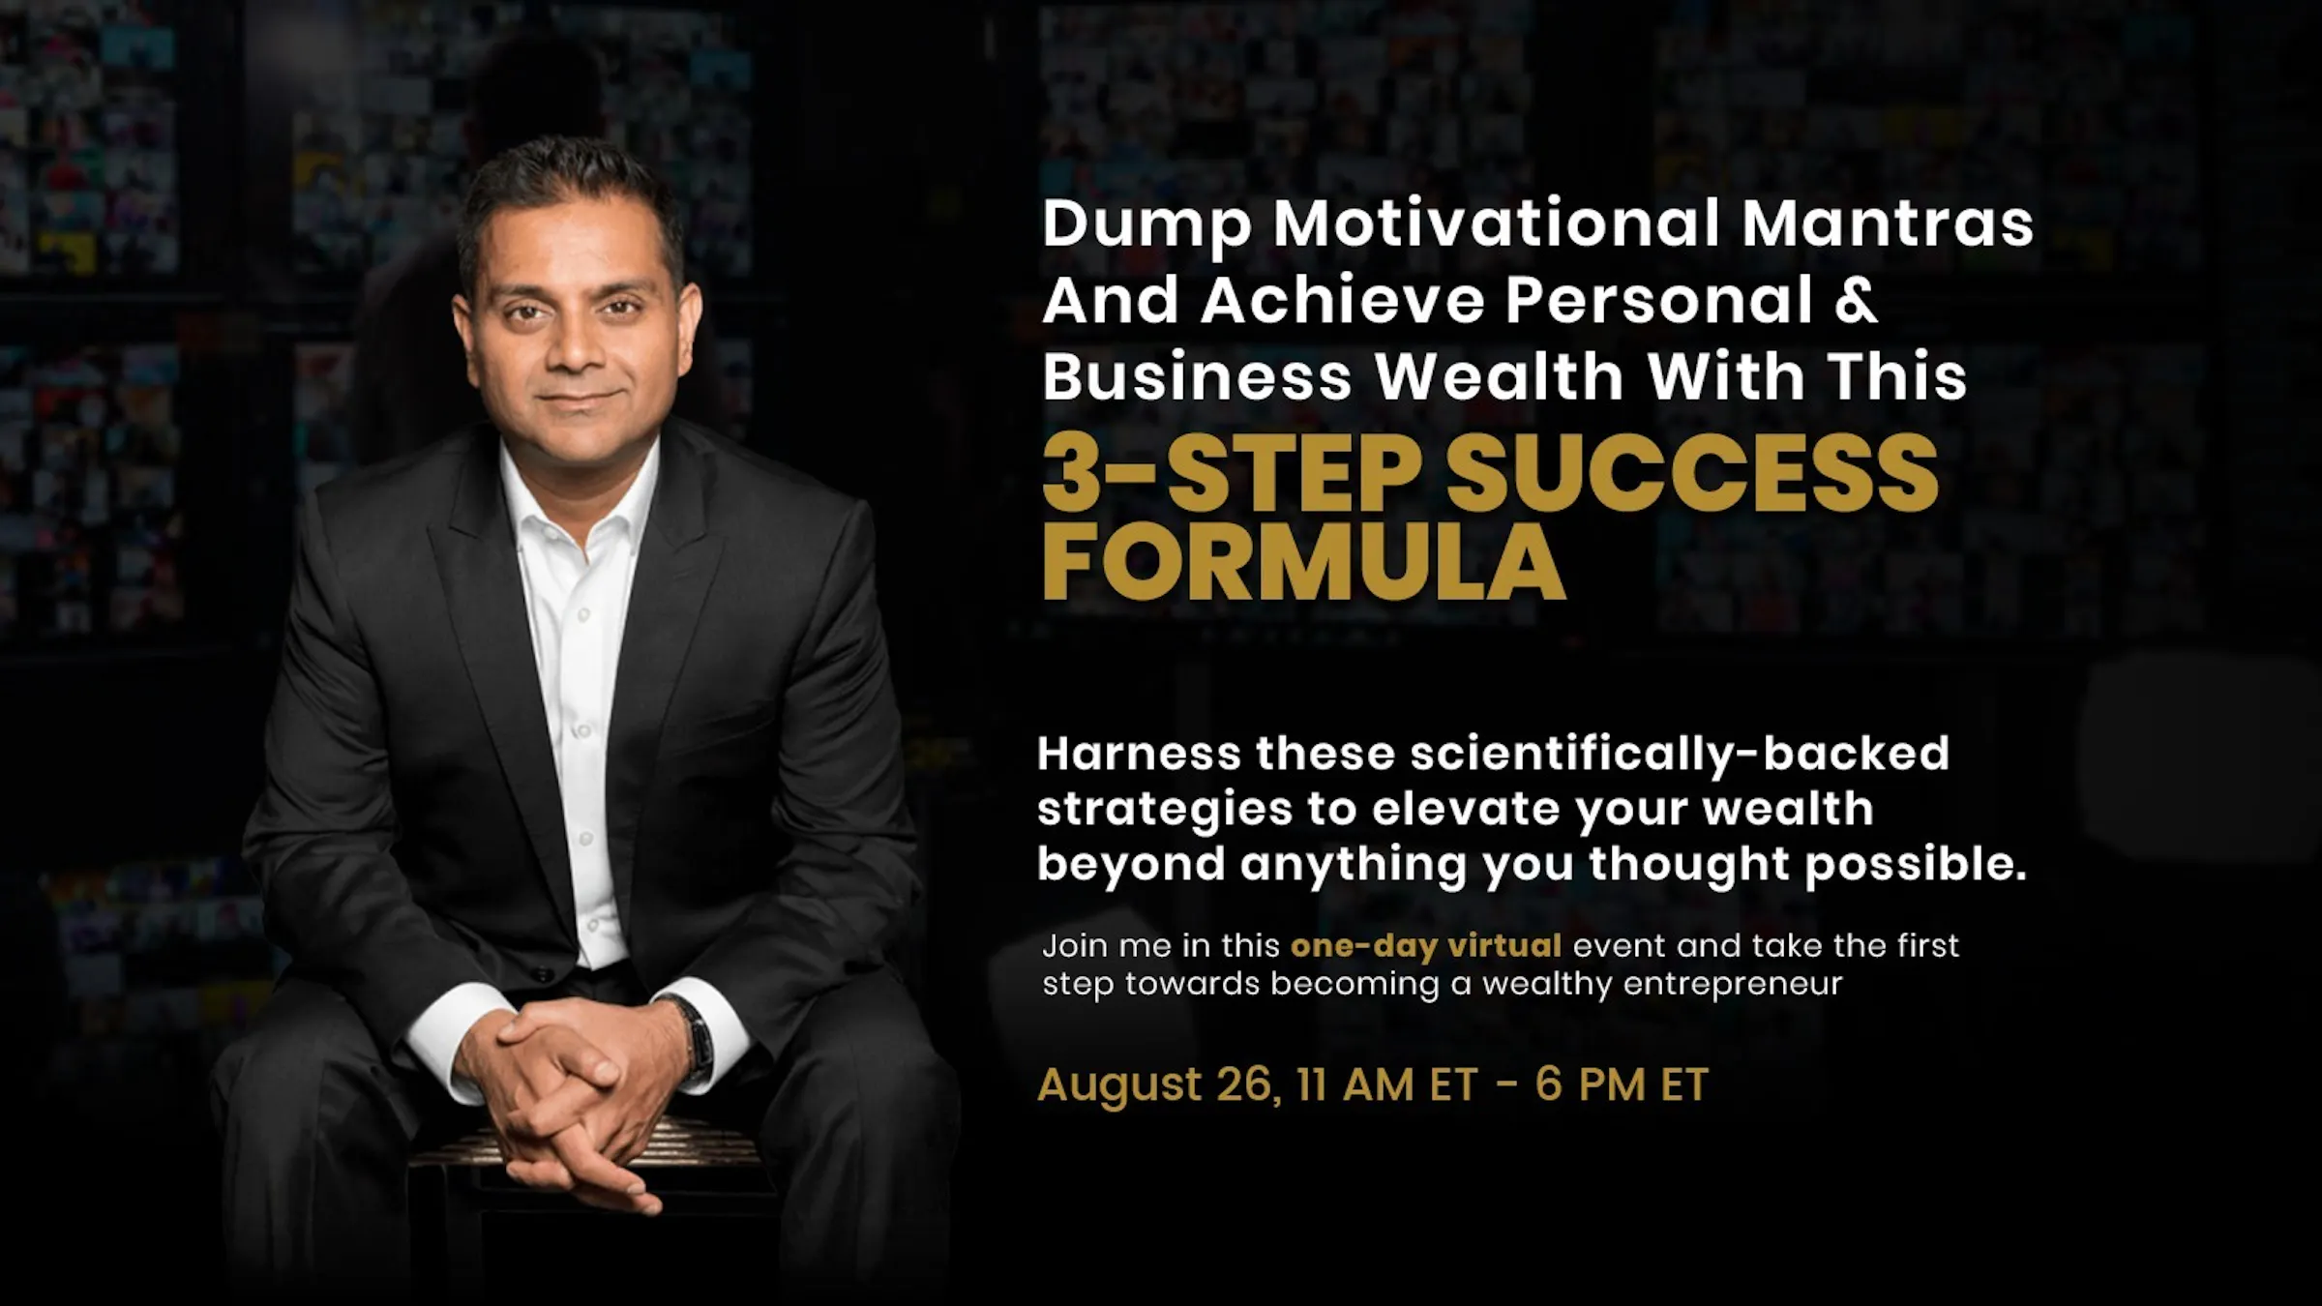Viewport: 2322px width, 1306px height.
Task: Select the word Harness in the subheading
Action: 1138,754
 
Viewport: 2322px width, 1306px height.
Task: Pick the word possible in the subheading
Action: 1915,864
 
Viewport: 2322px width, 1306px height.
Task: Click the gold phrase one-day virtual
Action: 1425,945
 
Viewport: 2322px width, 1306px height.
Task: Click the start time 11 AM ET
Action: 1387,1085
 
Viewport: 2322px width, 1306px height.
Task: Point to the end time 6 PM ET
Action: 1622,1085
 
